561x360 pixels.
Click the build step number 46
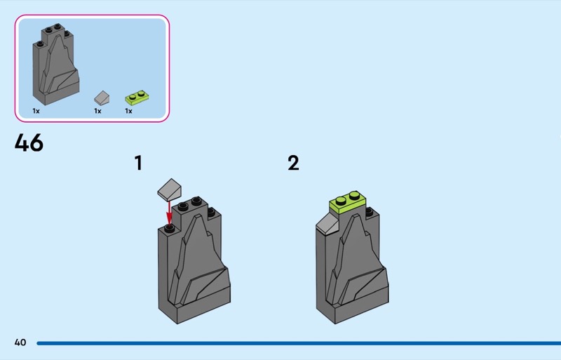click(29, 142)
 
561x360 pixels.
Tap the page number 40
click(20, 342)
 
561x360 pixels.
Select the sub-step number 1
click(138, 163)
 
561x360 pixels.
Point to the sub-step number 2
click(293, 163)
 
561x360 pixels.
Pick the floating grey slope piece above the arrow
click(170, 189)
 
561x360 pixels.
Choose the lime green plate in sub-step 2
click(348, 203)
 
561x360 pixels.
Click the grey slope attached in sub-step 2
click(327, 224)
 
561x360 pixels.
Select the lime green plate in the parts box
click(137, 98)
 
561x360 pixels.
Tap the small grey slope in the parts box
click(102, 98)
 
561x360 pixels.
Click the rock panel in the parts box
click(56, 65)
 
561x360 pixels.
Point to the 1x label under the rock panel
click(36, 111)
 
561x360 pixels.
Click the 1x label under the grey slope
click(97, 111)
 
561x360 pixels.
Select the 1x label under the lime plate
click(128, 111)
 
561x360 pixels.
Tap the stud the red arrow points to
click(170, 228)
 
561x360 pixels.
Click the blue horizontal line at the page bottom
click(299, 343)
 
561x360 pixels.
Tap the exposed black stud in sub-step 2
click(370, 212)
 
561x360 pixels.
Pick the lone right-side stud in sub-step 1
click(211, 212)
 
